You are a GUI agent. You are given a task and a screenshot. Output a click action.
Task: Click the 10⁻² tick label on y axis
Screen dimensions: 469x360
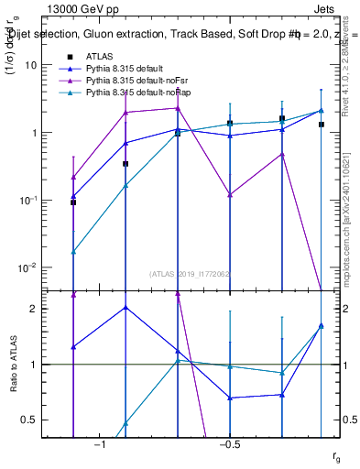28,267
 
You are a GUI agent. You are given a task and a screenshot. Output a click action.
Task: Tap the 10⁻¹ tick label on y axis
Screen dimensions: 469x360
28,200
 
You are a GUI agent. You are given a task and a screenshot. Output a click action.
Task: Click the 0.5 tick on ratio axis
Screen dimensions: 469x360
29,420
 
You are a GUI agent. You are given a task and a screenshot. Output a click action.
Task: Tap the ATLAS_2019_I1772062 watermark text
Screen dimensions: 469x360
190,273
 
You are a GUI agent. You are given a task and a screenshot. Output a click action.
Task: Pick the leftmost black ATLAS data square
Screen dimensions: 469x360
73,202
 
